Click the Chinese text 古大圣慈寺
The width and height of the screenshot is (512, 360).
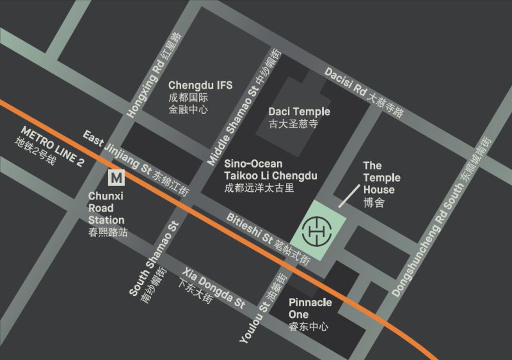pyautogui.click(x=293, y=124)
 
